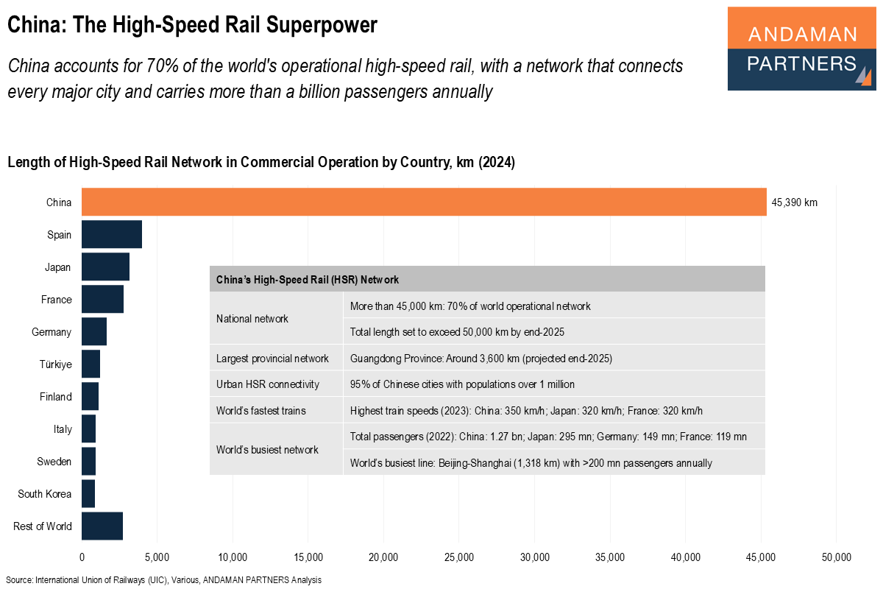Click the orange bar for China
[x=424, y=202]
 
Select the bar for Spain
[x=112, y=235]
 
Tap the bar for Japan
[x=105, y=267]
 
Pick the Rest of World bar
[x=102, y=526]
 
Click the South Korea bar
[x=88, y=493]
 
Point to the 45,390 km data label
[x=794, y=202]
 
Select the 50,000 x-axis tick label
[x=836, y=556]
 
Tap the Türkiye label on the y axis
[x=55, y=364]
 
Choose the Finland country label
[x=55, y=397]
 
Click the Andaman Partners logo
[x=801, y=49]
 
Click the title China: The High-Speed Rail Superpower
[x=192, y=26]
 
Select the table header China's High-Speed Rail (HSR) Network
[x=308, y=280]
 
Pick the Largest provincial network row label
[x=272, y=359]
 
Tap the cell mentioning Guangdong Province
[x=481, y=359]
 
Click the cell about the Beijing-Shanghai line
[x=531, y=463]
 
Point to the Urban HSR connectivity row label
[x=267, y=384]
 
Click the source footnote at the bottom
[x=163, y=580]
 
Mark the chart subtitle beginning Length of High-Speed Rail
[x=261, y=163]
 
